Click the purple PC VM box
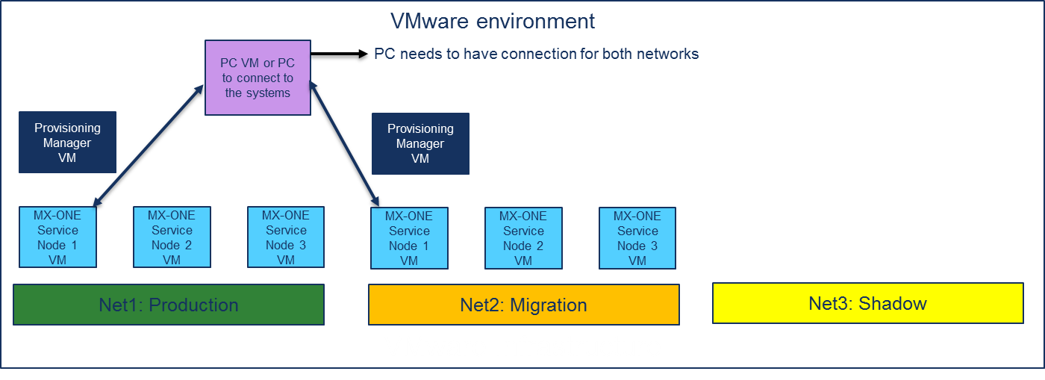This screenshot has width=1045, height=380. click(258, 78)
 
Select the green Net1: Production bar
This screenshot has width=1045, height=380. click(169, 305)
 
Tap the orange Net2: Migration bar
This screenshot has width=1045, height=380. click(523, 305)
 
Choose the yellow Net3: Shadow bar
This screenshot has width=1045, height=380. click(867, 303)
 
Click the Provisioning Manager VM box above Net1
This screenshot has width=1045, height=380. click(67, 143)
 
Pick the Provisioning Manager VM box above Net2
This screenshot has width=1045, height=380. click(420, 143)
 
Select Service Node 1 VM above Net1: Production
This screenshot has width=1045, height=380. click(57, 237)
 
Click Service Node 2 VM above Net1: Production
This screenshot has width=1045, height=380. click(172, 237)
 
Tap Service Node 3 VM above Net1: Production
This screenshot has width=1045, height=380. click(286, 237)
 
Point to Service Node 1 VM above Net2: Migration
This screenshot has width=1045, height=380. click(409, 238)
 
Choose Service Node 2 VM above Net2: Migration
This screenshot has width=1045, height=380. click(523, 238)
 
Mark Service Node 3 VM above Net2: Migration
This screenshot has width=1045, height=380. click(637, 238)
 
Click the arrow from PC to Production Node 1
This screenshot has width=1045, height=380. click(149, 145)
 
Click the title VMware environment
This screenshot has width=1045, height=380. click(493, 21)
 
